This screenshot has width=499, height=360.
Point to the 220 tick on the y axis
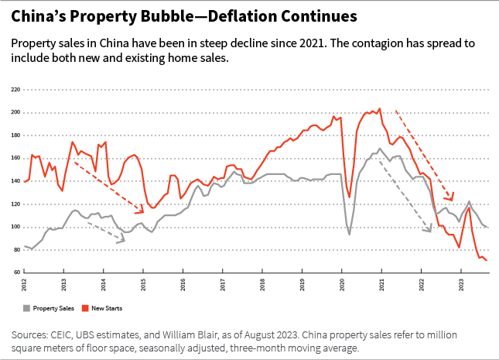click(15, 90)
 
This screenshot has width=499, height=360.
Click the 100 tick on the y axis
click(15, 227)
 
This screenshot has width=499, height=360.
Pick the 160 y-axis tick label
click(15, 159)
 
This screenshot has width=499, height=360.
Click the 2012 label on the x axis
click(24, 285)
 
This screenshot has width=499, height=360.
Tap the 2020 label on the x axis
click(343, 285)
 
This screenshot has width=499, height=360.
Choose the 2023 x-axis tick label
click(462, 285)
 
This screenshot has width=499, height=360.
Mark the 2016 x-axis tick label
click(183, 285)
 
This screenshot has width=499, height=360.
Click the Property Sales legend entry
click(55, 308)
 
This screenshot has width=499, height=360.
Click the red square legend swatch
click(87, 308)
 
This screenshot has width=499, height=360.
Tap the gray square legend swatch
click(28, 308)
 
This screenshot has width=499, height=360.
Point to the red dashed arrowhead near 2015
click(141, 211)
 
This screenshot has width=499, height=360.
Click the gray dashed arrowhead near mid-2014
click(121, 241)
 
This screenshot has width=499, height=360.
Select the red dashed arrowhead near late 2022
click(450, 199)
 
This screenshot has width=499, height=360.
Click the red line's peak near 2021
click(379, 108)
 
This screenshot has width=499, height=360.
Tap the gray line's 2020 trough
click(349, 235)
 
